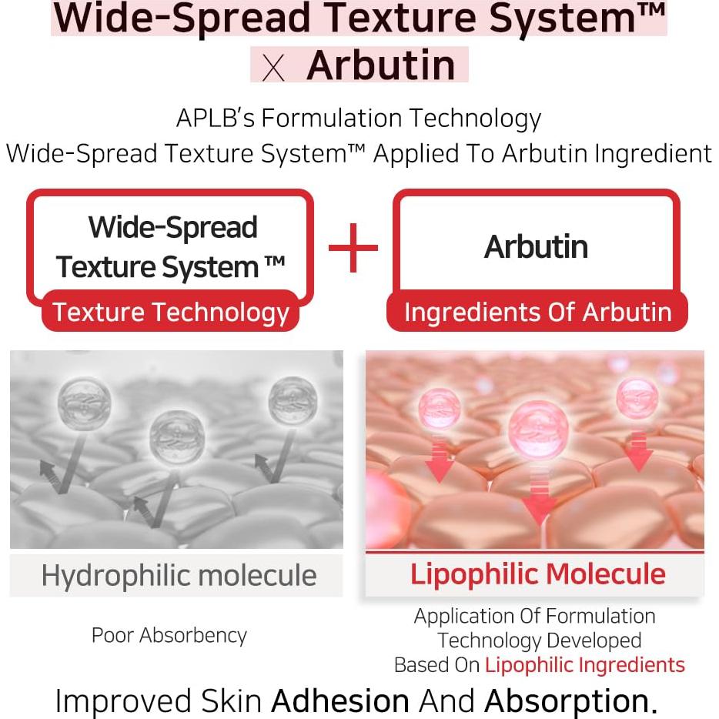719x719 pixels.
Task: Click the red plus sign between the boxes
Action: pyautogui.click(x=353, y=248)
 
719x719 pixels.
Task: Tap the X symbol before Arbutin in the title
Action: pyautogui.click(x=273, y=68)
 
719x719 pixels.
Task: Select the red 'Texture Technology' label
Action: pyautogui.click(x=171, y=313)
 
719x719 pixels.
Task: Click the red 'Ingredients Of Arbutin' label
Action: pyautogui.click(x=537, y=313)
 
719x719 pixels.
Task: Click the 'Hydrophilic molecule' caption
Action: pyautogui.click(x=179, y=576)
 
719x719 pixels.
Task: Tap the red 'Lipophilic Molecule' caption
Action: pyautogui.click(x=537, y=574)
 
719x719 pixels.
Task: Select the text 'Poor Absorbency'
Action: pyautogui.click(x=169, y=636)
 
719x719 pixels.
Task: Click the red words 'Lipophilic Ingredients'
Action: pyautogui.click(x=585, y=665)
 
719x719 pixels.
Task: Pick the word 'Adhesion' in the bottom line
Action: pyautogui.click(x=340, y=701)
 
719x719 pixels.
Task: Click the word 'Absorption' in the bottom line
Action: pyautogui.click(x=567, y=701)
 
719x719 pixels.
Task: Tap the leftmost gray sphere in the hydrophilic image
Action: pyautogui.click(x=85, y=403)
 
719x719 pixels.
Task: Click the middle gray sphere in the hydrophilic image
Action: pyautogui.click(x=177, y=437)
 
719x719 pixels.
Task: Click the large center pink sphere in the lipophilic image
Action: pyautogui.click(x=538, y=430)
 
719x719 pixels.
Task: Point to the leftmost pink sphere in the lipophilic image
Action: pyautogui.click(x=440, y=409)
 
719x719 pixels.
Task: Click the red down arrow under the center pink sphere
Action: pyautogui.click(x=539, y=494)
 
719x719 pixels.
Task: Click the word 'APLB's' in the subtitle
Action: pyautogui.click(x=216, y=118)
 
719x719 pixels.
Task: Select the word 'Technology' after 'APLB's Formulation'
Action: pyautogui.click(x=475, y=119)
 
